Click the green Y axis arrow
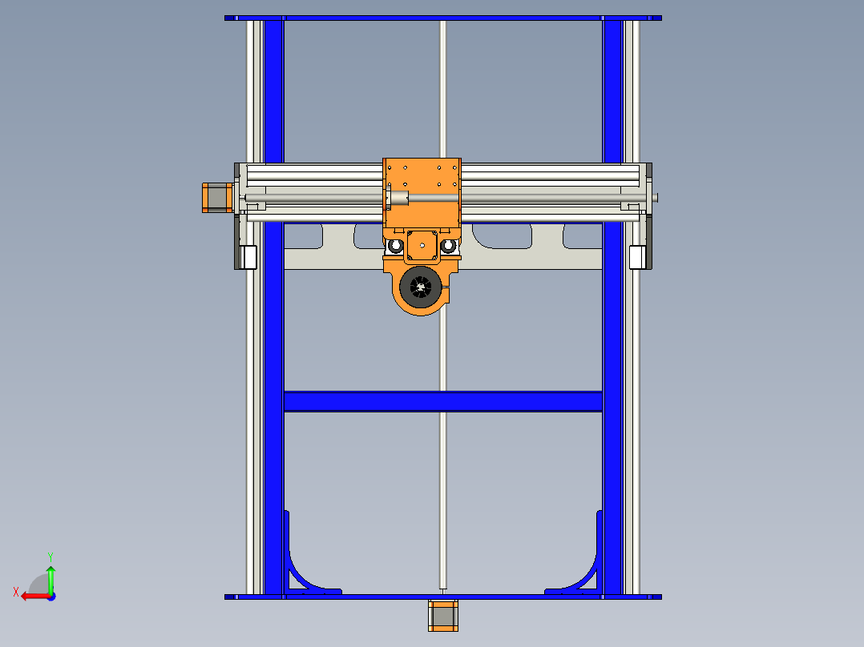(50, 577)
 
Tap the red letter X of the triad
(16, 592)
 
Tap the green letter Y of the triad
(50, 556)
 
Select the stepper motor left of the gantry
(216, 198)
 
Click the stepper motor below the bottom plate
(442, 616)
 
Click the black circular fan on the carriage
(421, 286)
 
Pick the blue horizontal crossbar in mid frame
(442, 401)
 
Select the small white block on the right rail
(637, 257)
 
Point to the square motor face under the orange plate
(422, 246)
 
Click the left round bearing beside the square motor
(395, 246)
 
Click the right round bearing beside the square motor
(450, 246)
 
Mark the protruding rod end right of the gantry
(655, 198)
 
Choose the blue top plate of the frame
(442, 18)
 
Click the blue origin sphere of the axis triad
(50, 597)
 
